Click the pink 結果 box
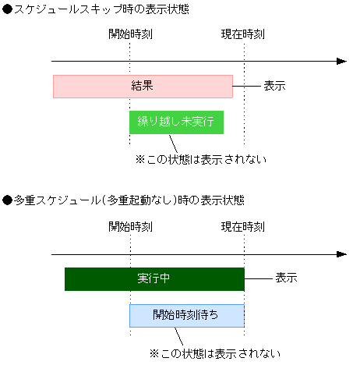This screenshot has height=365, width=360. (143, 86)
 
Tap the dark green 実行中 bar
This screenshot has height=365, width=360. (154, 278)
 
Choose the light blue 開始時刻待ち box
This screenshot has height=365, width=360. (186, 315)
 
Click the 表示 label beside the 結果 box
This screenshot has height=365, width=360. (274, 86)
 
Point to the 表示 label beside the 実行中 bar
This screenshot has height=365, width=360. (286, 278)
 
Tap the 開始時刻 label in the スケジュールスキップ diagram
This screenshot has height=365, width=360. (131, 35)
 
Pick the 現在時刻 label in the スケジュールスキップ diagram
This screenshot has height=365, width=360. (243, 35)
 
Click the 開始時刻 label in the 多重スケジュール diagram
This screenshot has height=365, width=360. (131, 227)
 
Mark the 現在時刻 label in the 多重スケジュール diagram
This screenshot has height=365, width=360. (243, 227)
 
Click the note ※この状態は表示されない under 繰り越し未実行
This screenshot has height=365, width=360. (201, 160)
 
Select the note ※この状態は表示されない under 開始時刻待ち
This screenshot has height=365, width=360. (214, 353)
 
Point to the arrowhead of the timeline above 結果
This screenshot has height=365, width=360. (341, 61)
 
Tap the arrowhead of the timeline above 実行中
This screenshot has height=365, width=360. (341, 253)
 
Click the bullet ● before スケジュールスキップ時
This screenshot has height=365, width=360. (7, 9)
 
